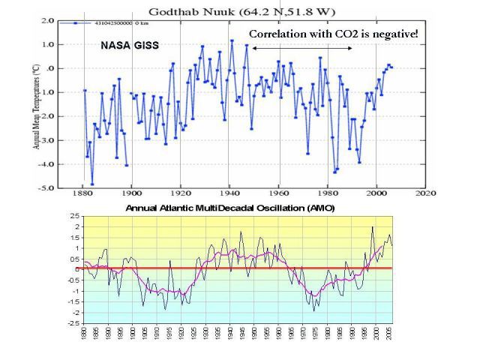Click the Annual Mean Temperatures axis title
pyautogui.click(x=36, y=105)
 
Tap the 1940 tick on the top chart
pyautogui.click(x=229, y=194)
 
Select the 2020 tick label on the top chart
pyautogui.click(x=426, y=194)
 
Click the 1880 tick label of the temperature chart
pyautogui.click(x=82, y=194)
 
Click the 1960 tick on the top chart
pyautogui.click(x=279, y=194)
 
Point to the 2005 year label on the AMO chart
pyautogui.click(x=386, y=337)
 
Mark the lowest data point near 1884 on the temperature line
pyautogui.click(x=92, y=184)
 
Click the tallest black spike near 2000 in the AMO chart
pyautogui.click(x=372, y=226)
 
